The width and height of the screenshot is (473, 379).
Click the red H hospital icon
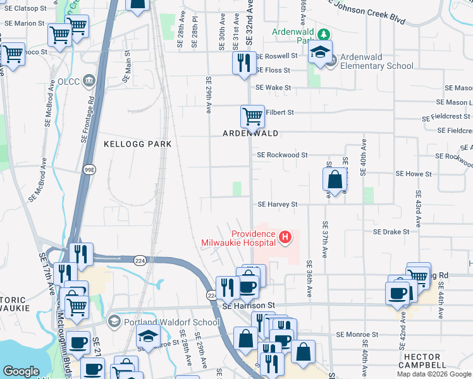[285, 238]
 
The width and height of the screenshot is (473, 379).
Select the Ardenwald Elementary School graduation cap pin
[321, 53]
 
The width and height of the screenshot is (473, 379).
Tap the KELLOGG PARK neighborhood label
[137, 144]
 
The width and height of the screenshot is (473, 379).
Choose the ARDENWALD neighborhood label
[250, 133]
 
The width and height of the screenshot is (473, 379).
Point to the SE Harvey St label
[277, 205]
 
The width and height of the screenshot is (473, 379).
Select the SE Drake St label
[391, 232]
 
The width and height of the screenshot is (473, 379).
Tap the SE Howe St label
[413, 173]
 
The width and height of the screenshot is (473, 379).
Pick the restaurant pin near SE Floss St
[243, 63]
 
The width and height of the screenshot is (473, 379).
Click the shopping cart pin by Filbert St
[252, 116]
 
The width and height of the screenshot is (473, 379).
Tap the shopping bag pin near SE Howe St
[335, 179]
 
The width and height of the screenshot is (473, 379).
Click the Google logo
[21, 371]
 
